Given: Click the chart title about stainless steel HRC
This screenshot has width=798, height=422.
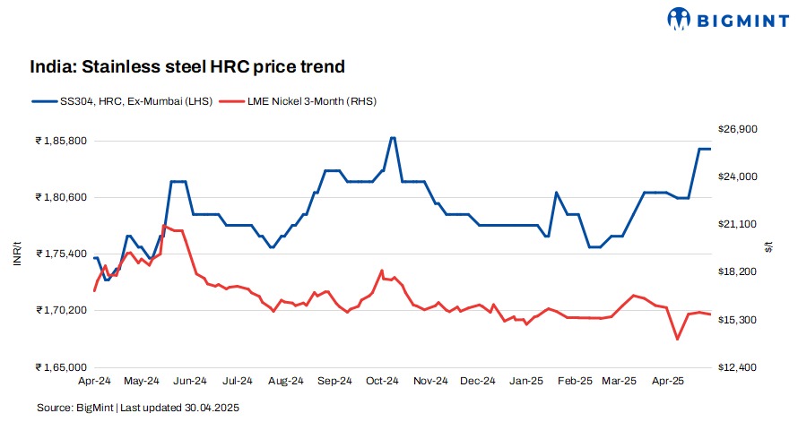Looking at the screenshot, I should pyautogui.click(x=187, y=66).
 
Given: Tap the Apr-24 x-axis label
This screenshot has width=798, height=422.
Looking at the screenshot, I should pyautogui.click(x=94, y=381).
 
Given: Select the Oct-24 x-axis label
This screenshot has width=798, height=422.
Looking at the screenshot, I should pyautogui.click(x=382, y=381).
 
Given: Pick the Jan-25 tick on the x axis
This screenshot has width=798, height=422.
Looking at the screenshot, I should pyautogui.click(x=526, y=381).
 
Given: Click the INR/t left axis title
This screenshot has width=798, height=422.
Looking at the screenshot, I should pyautogui.click(x=15, y=254).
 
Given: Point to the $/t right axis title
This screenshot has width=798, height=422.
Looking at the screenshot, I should pyautogui.click(x=768, y=248).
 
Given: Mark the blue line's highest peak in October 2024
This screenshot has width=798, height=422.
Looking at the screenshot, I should pyautogui.click(x=392, y=138).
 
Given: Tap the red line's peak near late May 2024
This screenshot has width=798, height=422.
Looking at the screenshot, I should pyautogui.click(x=164, y=226).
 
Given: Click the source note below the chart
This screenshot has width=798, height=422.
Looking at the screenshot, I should pyautogui.click(x=138, y=408).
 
